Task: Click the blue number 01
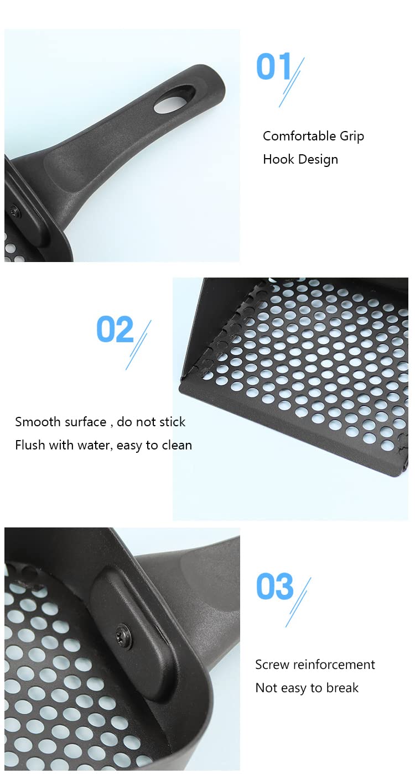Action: tap(273, 67)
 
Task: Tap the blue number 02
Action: tap(115, 330)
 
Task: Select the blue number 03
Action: tap(274, 587)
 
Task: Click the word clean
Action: tap(175, 445)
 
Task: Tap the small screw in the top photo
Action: tap(14, 211)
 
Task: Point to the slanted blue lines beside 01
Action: tap(292, 82)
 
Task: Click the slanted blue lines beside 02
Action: tap(139, 344)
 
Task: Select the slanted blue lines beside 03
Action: tap(299, 602)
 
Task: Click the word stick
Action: tap(169, 422)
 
